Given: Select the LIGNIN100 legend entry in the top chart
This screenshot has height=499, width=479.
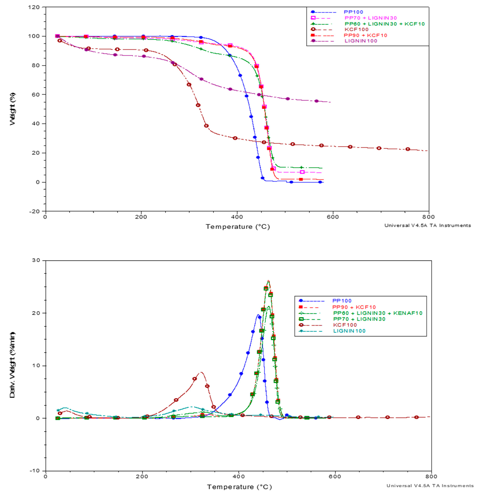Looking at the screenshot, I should tap(360, 41).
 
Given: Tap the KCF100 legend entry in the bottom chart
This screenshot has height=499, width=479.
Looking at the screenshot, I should tap(345, 325).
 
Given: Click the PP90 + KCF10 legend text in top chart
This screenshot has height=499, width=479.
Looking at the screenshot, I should tap(365, 35).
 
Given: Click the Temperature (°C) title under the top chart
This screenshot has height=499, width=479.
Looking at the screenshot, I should tap(238, 227).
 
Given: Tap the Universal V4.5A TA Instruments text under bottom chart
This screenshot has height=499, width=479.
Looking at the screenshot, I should tap(430, 486).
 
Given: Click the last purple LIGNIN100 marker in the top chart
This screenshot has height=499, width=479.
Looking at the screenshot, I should tap(316, 101).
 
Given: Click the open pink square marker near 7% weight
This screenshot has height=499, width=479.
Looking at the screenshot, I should tap(302, 172).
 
